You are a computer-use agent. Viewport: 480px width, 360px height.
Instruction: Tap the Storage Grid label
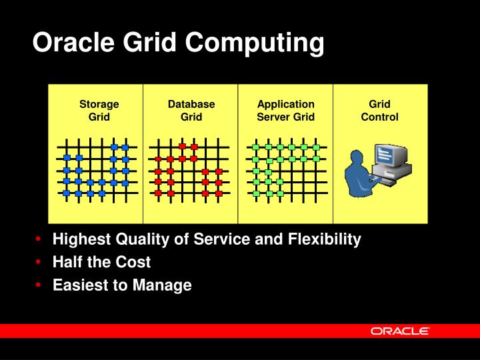point(99,111)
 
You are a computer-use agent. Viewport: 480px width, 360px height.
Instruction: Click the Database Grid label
point(191,111)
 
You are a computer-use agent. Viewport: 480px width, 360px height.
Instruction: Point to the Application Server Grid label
point(285,111)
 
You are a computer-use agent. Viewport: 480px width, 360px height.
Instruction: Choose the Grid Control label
point(379,111)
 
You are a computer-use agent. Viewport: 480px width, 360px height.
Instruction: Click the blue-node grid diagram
point(97,171)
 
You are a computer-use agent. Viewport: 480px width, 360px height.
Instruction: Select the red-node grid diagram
point(191,171)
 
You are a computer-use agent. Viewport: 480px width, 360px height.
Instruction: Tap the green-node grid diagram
point(285,171)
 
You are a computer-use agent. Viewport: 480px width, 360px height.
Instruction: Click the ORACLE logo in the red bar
point(400,331)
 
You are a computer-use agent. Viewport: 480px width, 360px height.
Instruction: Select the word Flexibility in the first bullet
point(320,239)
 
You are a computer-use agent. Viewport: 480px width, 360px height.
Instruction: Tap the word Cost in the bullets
point(134,262)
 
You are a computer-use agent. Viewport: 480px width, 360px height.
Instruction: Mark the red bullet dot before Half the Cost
point(41,262)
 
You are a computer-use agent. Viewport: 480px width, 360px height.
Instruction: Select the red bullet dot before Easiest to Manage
point(41,285)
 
